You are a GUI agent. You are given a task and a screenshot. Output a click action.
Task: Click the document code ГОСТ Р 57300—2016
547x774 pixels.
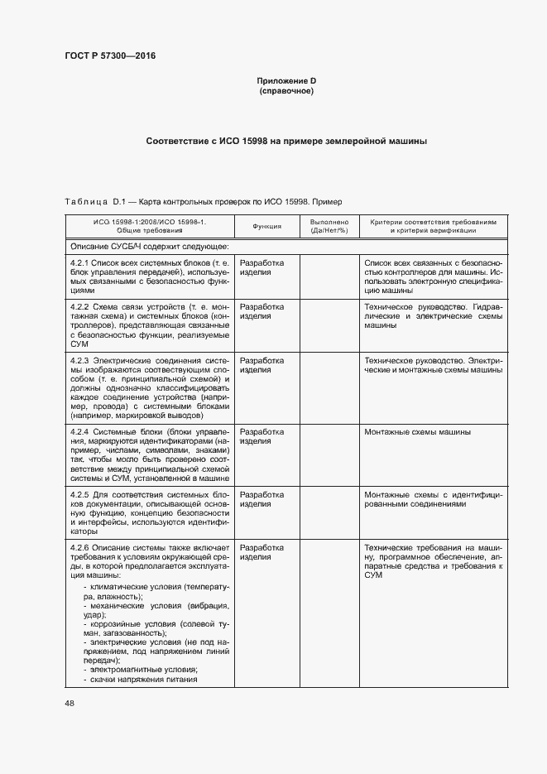pyautogui.click(x=109, y=55)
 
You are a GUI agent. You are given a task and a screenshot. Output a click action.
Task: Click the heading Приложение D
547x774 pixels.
pyautogui.click(x=286, y=80)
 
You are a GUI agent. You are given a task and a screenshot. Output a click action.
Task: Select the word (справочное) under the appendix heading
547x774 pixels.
pyautogui.click(x=286, y=90)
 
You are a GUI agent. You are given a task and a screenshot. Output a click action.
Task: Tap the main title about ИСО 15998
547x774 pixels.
pyautogui.click(x=286, y=142)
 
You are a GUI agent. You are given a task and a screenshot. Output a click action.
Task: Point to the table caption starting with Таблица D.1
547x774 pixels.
pyautogui.click(x=197, y=202)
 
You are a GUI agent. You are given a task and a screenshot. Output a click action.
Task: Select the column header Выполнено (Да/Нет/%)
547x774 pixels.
pyautogui.click(x=329, y=226)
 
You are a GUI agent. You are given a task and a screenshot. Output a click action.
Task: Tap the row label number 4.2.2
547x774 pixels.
pyautogui.click(x=79, y=306)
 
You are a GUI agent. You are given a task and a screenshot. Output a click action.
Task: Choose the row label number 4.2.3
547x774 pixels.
pyautogui.click(x=79, y=360)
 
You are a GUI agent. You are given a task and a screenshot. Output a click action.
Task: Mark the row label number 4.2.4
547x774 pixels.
pyautogui.click(x=79, y=432)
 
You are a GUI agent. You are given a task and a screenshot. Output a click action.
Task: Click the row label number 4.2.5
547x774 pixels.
pyautogui.click(x=79, y=494)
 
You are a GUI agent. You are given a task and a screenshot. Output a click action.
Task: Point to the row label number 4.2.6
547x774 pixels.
pyautogui.click(x=79, y=548)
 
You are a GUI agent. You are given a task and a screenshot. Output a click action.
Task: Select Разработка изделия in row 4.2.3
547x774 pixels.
pyautogui.click(x=262, y=365)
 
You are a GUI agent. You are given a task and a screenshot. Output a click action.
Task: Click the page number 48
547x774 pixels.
pyautogui.click(x=69, y=703)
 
